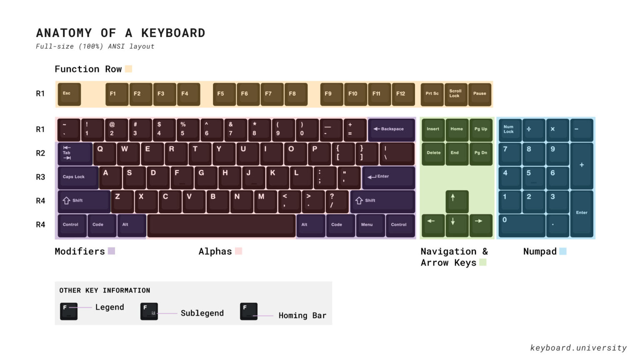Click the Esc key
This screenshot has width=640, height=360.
tap(69, 94)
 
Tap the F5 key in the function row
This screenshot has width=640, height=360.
tap(224, 94)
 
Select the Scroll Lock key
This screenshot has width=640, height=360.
tap(456, 94)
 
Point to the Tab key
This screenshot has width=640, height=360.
tap(75, 153)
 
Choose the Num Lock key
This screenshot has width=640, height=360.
tap(510, 130)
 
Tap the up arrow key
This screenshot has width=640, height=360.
tap(457, 201)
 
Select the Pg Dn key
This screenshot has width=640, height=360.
tap(481, 153)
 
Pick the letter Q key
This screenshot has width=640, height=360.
tap(104, 153)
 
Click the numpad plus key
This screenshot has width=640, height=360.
tap(582, 165)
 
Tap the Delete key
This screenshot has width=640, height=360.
tap(433, 153)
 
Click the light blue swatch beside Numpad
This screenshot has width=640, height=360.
tap(562, 251)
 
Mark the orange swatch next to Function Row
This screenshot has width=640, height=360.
tap(129, 69)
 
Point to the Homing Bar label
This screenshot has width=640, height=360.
tap(302, 315)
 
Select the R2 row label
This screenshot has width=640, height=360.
tap(40, 153)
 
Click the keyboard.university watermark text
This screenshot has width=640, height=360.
tap(578, 347)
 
